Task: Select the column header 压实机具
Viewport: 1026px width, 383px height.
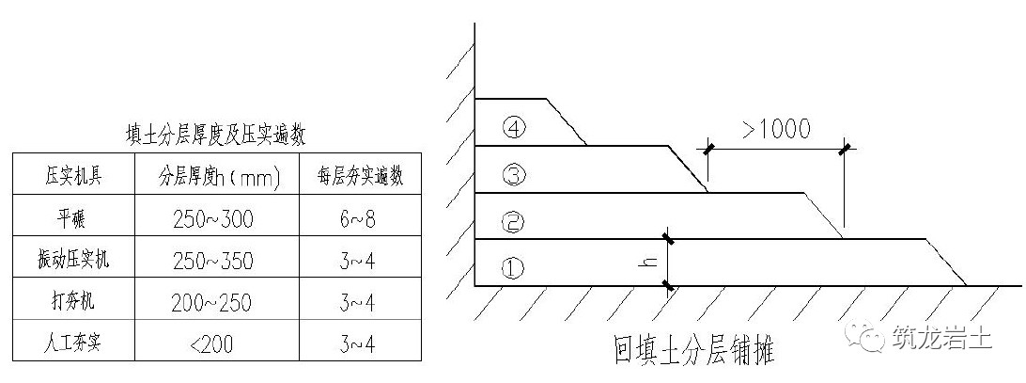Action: pos(73,176)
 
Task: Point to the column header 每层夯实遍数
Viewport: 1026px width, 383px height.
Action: pos(361,176)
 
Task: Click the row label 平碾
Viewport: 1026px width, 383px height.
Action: pos(72,217)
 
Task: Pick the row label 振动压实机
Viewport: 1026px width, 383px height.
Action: pos(73,260)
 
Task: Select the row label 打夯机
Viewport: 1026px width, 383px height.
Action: pos(73,302)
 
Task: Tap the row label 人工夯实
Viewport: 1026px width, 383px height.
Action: pos(73,343)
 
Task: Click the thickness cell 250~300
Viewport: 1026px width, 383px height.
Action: pos(213,218)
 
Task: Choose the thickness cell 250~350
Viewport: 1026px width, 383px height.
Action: pos(213,261)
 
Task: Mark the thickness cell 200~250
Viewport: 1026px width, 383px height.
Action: pos(212,302)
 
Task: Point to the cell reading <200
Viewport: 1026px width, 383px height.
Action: pos(210,343)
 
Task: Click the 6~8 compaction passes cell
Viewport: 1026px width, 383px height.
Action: pos(359,218)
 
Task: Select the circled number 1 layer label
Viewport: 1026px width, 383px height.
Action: pos(512,267)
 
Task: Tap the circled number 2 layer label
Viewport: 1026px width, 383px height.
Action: pos(512,223)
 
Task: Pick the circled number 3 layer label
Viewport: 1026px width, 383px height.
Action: pos(512,174)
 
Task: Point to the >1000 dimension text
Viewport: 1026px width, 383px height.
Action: pos(776,129)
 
